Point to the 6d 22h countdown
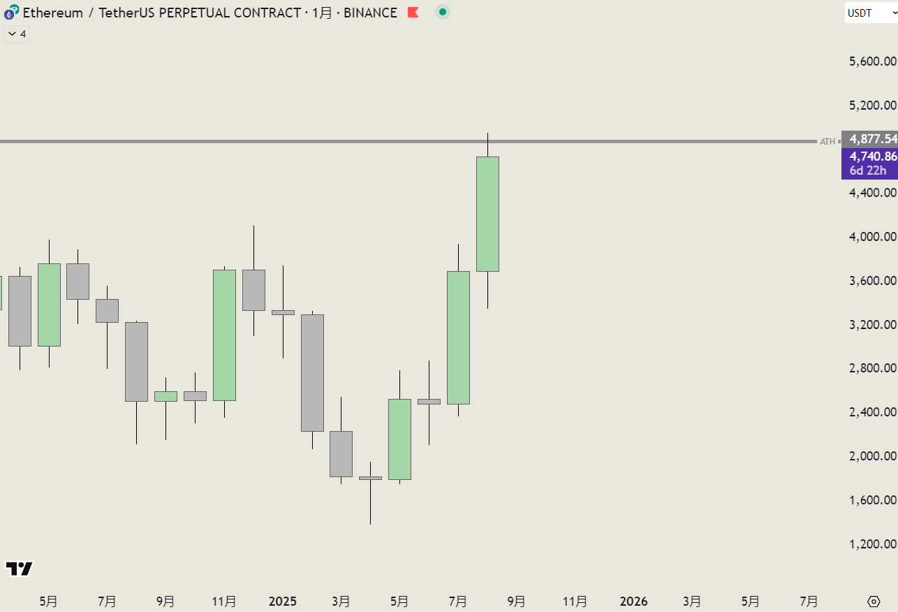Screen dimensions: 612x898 click(868, 170)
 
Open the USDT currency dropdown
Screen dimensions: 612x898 click(869, 13)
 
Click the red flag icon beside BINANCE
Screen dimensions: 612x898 click(413, 13)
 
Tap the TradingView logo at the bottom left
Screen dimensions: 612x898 click(19, 569)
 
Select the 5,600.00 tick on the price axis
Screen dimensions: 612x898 click(872, 61)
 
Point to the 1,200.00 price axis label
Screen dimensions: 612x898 click(872, 544)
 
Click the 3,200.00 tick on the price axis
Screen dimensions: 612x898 click(872, 325)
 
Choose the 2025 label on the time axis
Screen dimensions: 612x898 click(283, 602)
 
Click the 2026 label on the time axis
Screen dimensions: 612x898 click(634, 602)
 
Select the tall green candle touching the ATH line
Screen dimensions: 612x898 click(487, 214)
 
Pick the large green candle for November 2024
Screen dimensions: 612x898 click(224, 335)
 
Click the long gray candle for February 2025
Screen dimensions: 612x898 click(312, 372)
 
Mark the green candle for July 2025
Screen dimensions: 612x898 click(458, 337)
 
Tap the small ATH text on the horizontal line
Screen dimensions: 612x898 click(827, 142)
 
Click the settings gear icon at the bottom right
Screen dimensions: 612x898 click(874, 602)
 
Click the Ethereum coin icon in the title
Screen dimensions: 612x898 click(11, 13)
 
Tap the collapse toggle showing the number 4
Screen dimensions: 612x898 click(17, 34)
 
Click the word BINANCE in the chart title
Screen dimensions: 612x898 click(370, 13)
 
